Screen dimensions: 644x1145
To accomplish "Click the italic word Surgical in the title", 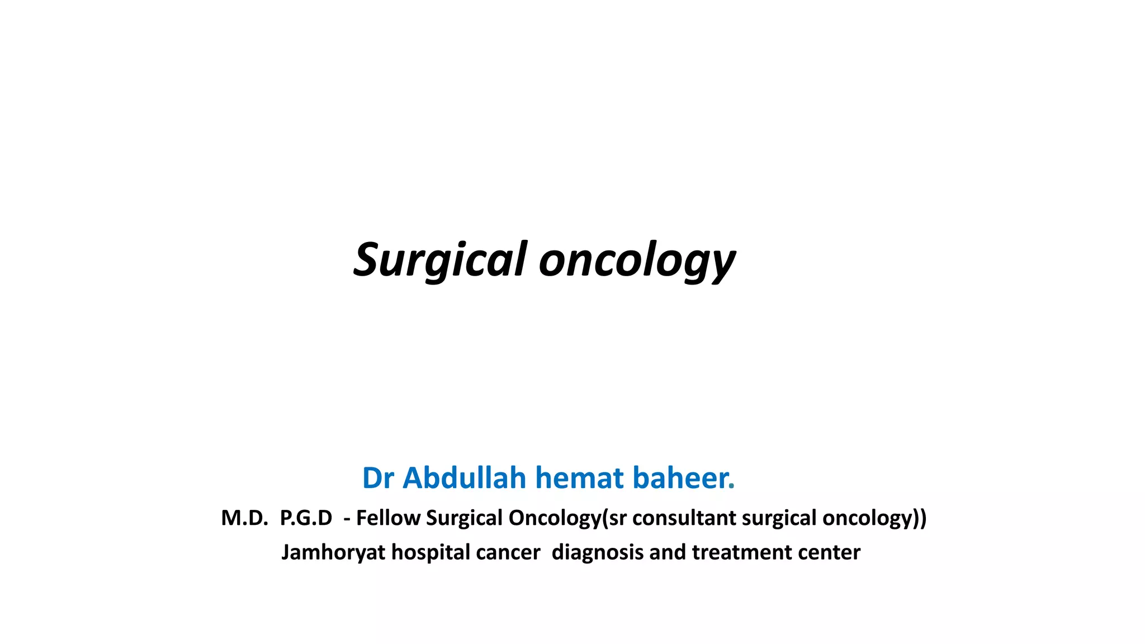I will coord(441,260).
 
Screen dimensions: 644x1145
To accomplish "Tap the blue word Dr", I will coord(378,479).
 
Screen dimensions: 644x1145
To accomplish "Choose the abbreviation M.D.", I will coord(244,518).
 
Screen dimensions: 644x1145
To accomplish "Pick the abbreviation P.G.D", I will coord(306,518).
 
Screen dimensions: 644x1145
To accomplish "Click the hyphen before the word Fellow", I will coord(347,520).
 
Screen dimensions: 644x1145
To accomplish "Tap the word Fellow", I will coord(388,518).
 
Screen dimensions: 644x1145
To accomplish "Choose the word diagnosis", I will coord(597,553).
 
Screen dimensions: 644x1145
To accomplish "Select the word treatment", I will coord(742,553).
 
